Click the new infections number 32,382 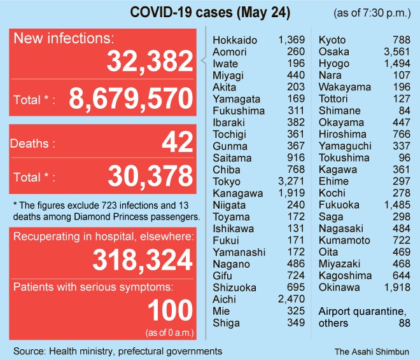(150, 62)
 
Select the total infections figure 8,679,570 (129, 99)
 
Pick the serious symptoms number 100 (169, 311)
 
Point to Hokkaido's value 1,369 (291, 41)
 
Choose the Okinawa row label (339, 287)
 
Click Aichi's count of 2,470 (291, 299)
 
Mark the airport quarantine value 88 (403, 323)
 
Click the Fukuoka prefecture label (339, 205)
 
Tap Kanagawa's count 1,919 (291, 193)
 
